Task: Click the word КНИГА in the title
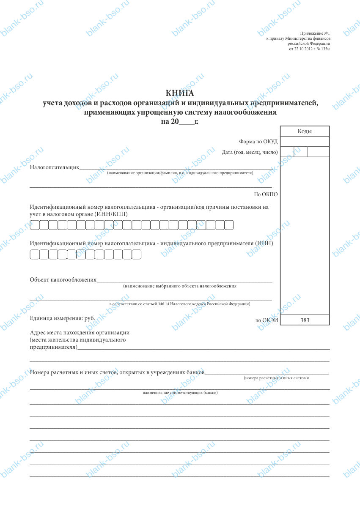tap(180, 93)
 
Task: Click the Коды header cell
tap(304, 131)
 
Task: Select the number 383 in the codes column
tap(305, 320)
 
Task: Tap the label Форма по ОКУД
tap(258, 142)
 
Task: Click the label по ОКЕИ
tap(267, 320)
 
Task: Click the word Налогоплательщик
tap(55, 167)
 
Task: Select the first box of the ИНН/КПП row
tap(34, 225)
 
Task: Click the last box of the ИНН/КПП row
tap(229, 225)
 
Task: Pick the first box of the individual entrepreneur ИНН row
tap(34, 254)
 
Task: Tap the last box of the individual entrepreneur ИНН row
tap(136, 254)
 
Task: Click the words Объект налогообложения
tap(63, 279)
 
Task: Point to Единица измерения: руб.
tap(62, 318)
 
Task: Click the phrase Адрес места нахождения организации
tap(80, 333)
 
